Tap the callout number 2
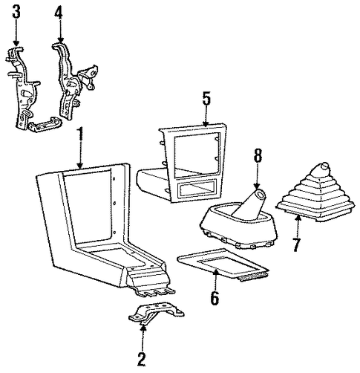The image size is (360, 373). [x=141, y=358]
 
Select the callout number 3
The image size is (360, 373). [x=16, y=13]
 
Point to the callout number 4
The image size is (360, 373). [x=59, y=13]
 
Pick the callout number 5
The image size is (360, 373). [x=206, y=99]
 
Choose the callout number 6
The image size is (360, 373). [x=215, y=299]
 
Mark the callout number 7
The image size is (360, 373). [x=296, y=244]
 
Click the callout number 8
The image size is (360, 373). [x=258, y=155]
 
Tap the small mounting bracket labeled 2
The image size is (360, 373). [x=156, y=314]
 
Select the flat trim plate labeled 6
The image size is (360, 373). [x=223, y=264]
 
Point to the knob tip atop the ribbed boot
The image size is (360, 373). [x=324, y=165]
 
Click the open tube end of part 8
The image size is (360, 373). [x=260, y=194]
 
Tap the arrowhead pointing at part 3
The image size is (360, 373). [x=16, y=44]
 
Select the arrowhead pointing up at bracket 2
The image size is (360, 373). [x=143, y=328]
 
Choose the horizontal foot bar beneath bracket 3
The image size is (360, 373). [x=45, y=123]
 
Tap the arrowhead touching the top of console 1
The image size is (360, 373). [x=80, y=166]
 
